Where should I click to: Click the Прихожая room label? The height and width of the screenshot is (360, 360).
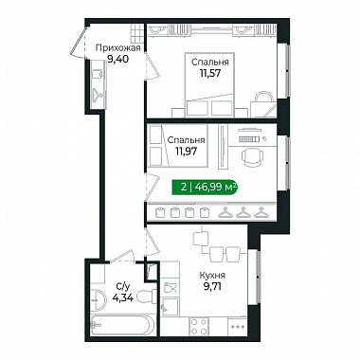tap(117, 48)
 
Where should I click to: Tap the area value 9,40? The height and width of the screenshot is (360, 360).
tap(117, 59)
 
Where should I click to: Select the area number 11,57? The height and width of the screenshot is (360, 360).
tap(209, 73)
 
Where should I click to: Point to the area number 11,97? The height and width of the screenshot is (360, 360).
tap(187, 152)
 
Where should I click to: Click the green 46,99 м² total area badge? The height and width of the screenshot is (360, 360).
tap(204, 188)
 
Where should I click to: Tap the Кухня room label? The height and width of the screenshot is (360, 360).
tap(212, 276)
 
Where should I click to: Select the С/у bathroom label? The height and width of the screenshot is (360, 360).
tap(122, 287)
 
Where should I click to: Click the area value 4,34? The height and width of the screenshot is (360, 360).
tap(122, 297)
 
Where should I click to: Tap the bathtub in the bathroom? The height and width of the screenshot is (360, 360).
tap(122, 324)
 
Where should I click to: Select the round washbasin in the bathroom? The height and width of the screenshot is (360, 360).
tap(99, 300)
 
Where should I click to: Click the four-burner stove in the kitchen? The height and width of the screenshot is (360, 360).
tap(199, 327)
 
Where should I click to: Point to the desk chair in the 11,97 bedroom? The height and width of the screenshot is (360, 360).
tap(253, 156)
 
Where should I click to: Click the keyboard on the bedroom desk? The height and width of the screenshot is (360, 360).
tap(249, 139)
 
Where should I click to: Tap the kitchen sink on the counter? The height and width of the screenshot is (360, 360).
tap(170, 288)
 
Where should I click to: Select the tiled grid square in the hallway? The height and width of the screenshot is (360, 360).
tap(137, 32)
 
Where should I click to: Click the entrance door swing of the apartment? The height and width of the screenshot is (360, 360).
tap(78, 42)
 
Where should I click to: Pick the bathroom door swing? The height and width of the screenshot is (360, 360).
tap(121, 256)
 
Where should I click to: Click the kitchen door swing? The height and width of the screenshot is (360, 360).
tap(153, 243)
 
